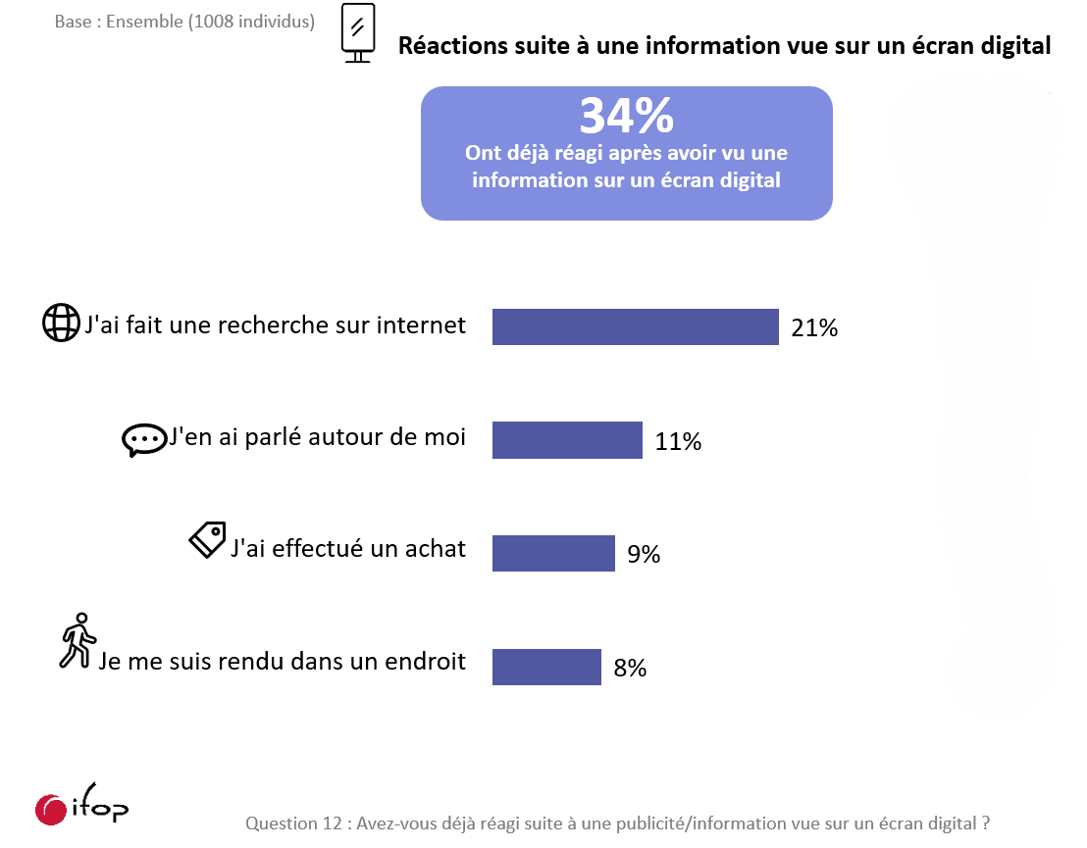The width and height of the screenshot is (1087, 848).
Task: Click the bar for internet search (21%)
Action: pyautogui.click(x=635, y=327)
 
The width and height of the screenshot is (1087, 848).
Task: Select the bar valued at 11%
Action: pyautogui.click(x=567, y=440)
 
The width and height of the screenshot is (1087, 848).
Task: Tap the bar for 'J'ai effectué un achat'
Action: pyautogui.click(x=553, y=553)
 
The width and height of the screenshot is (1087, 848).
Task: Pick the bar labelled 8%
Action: pyautogui.click(x=546, y=667)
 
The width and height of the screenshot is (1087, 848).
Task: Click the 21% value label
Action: pyautogui.click(x=814, y=328)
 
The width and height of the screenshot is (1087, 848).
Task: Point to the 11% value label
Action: pyautogui.click(x=678, y=442)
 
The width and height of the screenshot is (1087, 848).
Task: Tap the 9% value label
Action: pyautogui.click(x=644, y=555)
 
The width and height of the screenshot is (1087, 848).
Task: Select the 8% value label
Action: pyautogui.click(x=630, y=669)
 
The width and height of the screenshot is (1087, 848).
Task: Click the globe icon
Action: pyautogui.click(x=61, y=323)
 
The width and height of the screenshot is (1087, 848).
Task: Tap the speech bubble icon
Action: pyautogui.click(x=144, y=440)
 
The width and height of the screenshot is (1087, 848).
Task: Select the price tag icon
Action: pyautogui.click(x=207, y=539)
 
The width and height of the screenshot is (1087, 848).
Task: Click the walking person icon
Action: pyautogui.click(x=77, y=641)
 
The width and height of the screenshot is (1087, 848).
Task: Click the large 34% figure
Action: pyautogui.click(x=626, y=117)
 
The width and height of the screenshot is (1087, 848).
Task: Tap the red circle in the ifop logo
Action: pyautogui.click(x=50, y=809)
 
